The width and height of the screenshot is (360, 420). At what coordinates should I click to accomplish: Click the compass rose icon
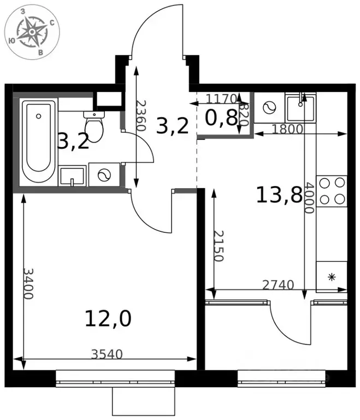pyautogui.click(x=32, y=32)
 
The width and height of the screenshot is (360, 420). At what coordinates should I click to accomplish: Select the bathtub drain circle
pyautogui.click(x=39, y=116)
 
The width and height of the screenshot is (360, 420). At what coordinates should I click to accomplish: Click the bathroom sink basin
pyautogui.click(x=72, y=176)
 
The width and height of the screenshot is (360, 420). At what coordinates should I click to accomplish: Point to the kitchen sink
pyautogui.click(x=300, y=107)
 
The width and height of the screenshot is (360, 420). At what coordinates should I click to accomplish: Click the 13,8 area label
pyautogui.click(x=279, y=195)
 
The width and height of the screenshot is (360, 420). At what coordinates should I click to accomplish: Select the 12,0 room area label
pyautogui.click(x=108, y=318)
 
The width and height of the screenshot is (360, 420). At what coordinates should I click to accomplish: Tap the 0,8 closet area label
pyautogui.click(x=221, y=118)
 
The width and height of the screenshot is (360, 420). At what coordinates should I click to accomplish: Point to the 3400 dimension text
pyautogui.click(x=28, y=284)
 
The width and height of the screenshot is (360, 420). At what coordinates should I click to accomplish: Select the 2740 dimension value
pyautogui.click(x=278, y=285)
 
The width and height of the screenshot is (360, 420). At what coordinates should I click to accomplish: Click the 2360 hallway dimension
pyautogui.click(x=141, y=115)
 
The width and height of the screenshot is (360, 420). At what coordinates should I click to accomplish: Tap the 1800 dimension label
pyautogui.click(x=287, y=129)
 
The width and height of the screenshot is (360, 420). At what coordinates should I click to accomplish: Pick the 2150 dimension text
pyautogui.click(x=219, y=246)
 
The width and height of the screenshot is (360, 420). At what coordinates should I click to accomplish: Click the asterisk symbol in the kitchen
pyautogui.click(x=332, y=277)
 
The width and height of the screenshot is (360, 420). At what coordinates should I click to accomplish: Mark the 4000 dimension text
pyautogui.click(x=309, y=198)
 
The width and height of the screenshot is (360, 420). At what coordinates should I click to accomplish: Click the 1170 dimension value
pyautogui.click(x=221, y=98)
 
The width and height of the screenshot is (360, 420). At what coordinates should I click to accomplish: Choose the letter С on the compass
pyautogui.click(x=52, y=23)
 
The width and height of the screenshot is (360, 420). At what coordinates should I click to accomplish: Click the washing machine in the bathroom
pyautogui.click(x=104, y=175)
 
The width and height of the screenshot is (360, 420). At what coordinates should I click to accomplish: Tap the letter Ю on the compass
pyautogui.click(x=11, y=40)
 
